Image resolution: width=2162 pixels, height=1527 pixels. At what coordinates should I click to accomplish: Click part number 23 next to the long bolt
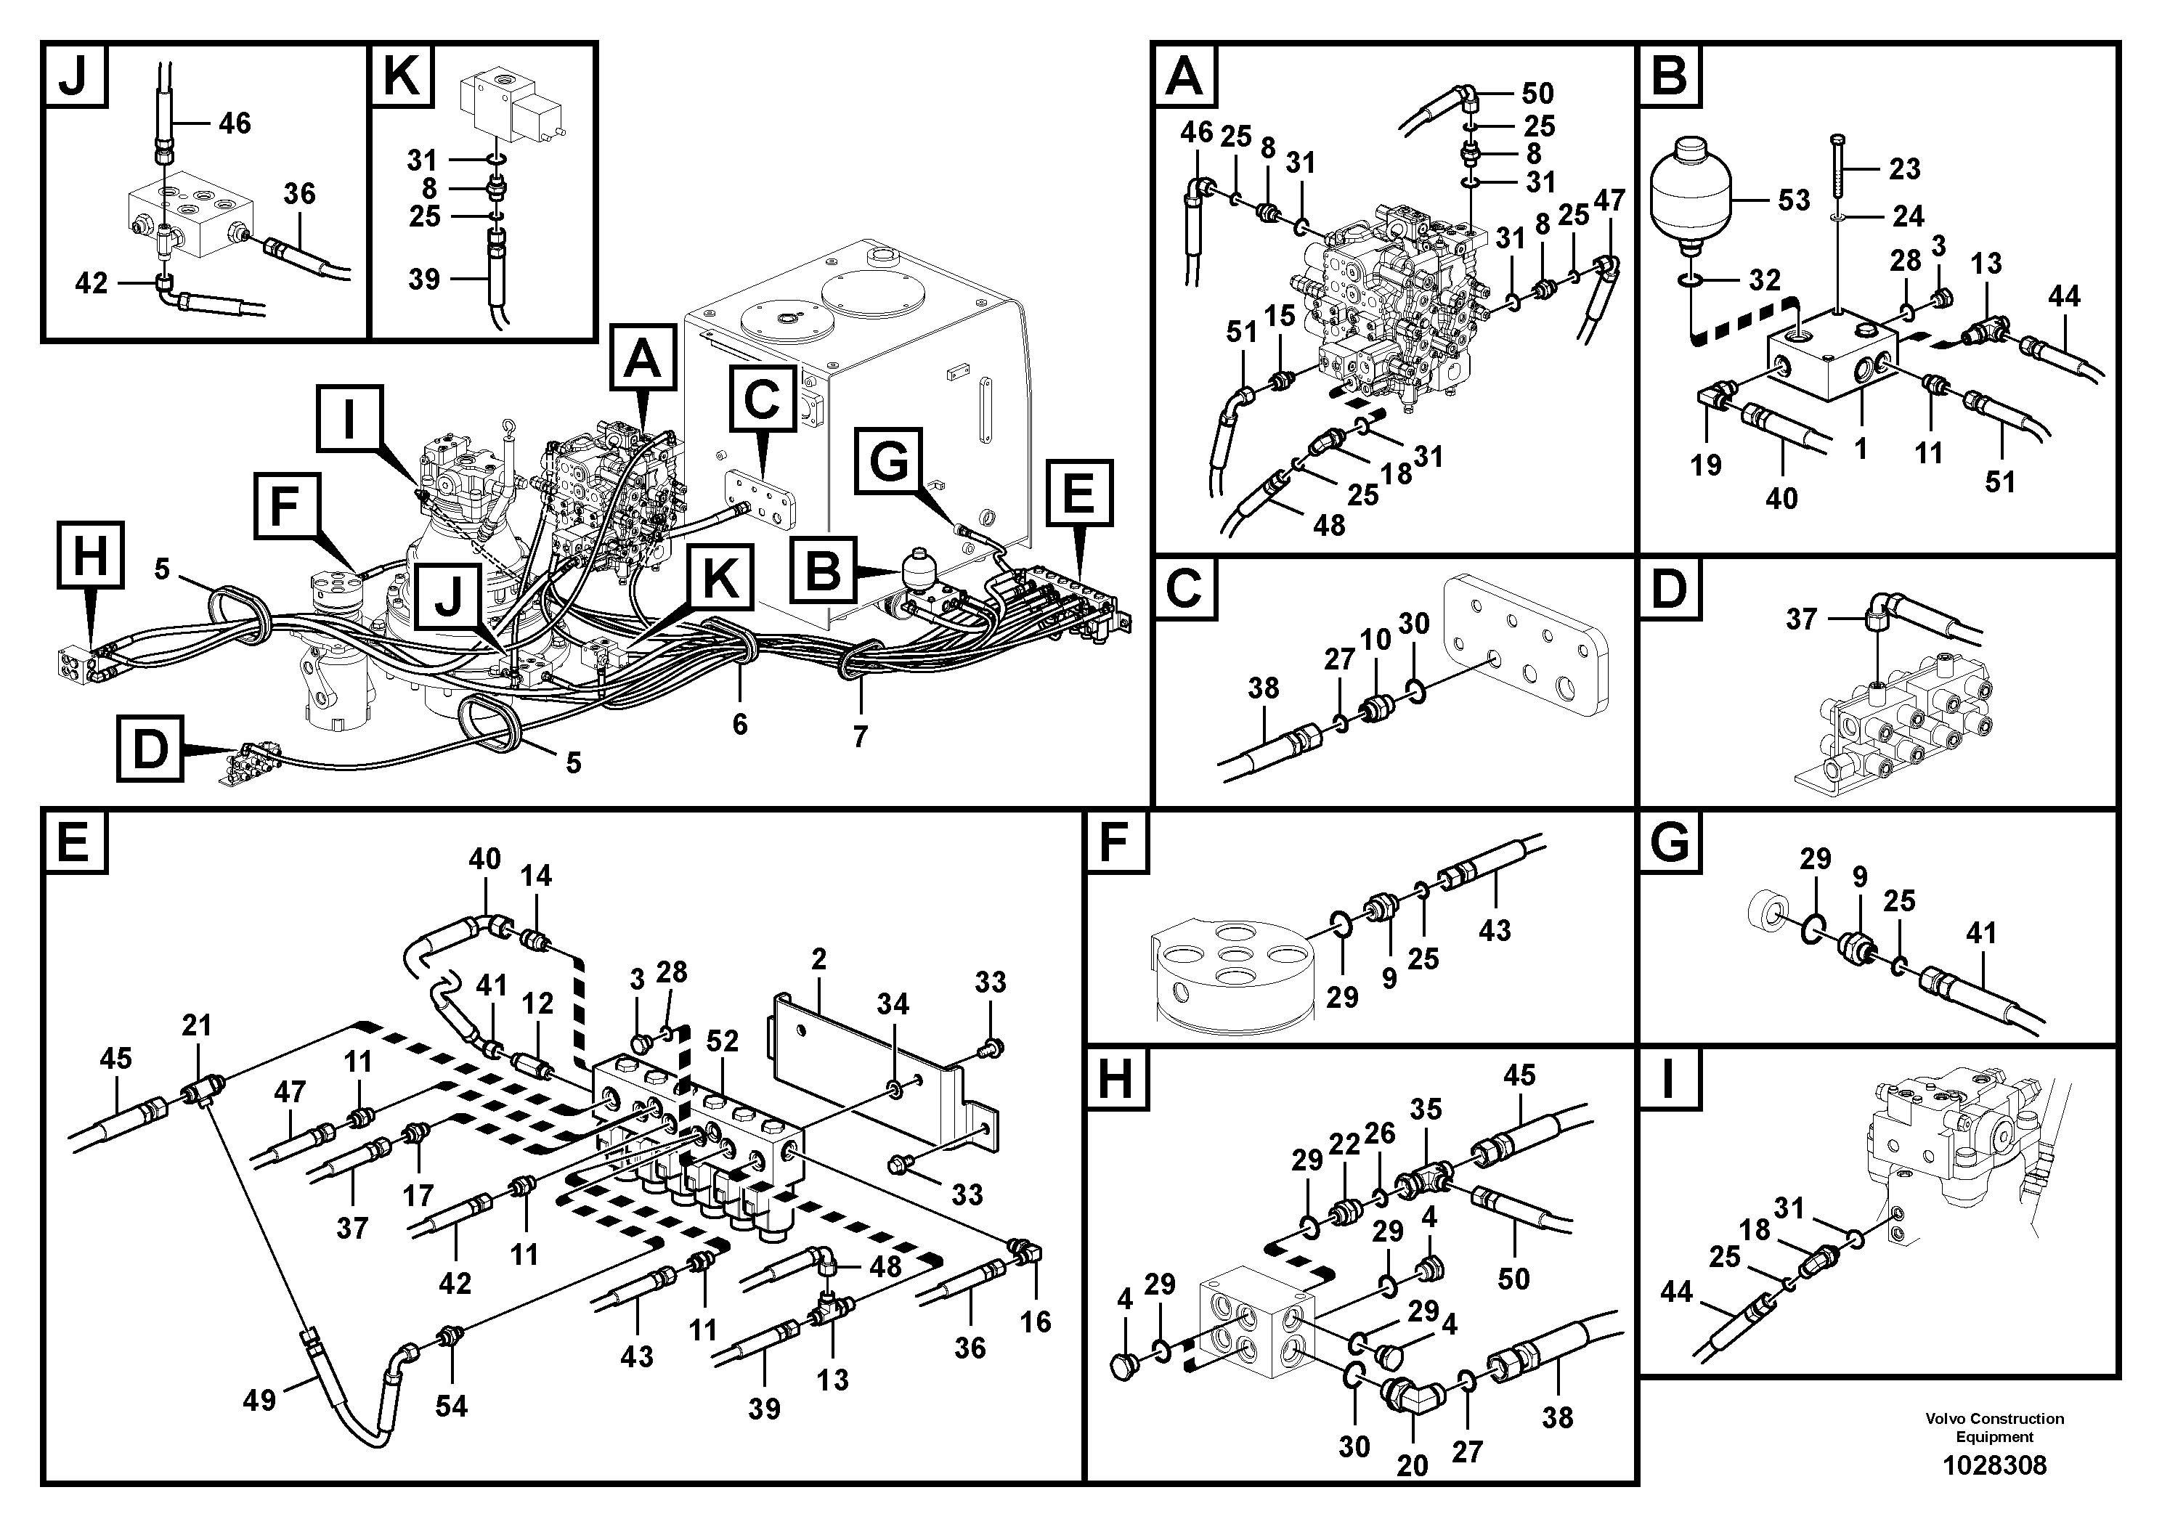click(1904, 169)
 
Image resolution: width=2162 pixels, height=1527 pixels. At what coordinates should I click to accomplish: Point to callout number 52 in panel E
click(722, 1041)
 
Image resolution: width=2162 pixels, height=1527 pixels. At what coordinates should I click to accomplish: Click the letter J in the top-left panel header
click(73, 76)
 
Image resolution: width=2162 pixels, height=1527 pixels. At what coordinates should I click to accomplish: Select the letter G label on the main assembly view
click(890, 461)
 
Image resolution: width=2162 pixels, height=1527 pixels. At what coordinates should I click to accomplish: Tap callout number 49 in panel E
click(259, 1401)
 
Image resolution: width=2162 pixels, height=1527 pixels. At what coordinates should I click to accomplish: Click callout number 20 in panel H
click(1413, 1465)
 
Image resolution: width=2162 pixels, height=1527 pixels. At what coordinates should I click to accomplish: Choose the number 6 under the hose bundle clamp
click(740, 724)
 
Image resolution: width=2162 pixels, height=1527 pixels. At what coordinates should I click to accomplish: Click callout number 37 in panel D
click(1800, 619)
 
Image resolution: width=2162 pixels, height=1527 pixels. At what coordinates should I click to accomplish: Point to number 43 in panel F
click(1495, 930)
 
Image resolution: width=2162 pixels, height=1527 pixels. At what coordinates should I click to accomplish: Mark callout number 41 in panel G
click(1981, 933)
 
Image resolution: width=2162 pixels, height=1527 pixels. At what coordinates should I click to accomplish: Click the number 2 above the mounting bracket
click(818, 959)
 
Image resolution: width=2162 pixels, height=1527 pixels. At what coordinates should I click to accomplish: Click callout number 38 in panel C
click(1263, 688)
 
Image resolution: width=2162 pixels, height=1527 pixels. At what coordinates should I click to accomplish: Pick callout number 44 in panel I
click(1676, 1292)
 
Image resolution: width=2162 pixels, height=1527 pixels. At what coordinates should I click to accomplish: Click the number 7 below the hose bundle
click(860, 736)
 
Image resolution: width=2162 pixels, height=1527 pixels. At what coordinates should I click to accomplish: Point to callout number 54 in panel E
click(451, 1406)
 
